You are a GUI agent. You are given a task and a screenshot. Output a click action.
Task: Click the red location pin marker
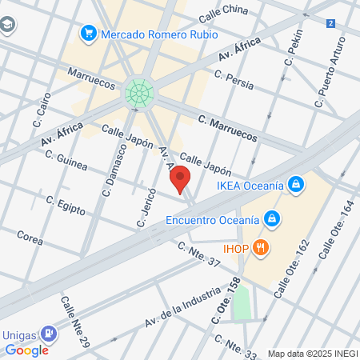click(x=182, y=180)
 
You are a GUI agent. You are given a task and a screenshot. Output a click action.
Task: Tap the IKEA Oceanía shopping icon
click(x=297, y=185)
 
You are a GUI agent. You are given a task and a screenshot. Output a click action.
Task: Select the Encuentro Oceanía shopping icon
click(x=272, y=218)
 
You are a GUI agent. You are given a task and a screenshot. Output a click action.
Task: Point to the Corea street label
click(x=30, y=238)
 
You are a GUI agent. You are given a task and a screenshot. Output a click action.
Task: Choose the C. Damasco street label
click(x=114, y=170)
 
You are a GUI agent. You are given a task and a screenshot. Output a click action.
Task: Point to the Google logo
click(x=27, y=350)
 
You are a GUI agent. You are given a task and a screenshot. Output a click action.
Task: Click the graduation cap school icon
click(x=6, y=26)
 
